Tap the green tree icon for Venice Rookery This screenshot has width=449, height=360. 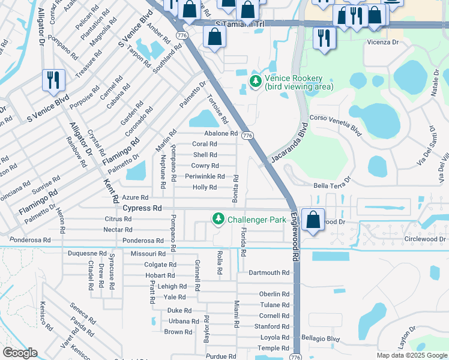[x=256, y=82]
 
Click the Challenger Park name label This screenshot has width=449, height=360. [x=256, y=220]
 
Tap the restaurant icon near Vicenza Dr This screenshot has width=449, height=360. [x=325, y=38]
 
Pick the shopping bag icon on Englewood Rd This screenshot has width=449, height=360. [x=313, y=220]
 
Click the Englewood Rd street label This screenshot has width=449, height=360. [x=295, y=236]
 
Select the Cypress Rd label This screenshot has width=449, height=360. [x=142, y=208]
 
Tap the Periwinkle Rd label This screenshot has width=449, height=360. [x=205, y=176]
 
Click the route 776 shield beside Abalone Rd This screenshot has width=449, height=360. [x=247, y=136]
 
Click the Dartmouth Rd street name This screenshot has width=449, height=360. [x=269, y=272]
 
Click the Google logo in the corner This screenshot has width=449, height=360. [x=20, y=353]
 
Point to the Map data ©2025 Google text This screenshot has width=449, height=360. [x=411, y=355]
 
